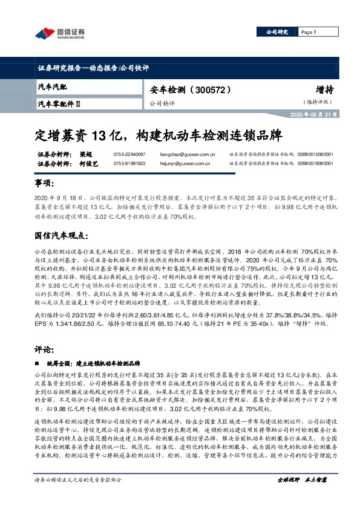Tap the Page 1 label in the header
(309, 33)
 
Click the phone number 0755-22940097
(129, 154)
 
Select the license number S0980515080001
(315, 154)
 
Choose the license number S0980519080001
(315, 163)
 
